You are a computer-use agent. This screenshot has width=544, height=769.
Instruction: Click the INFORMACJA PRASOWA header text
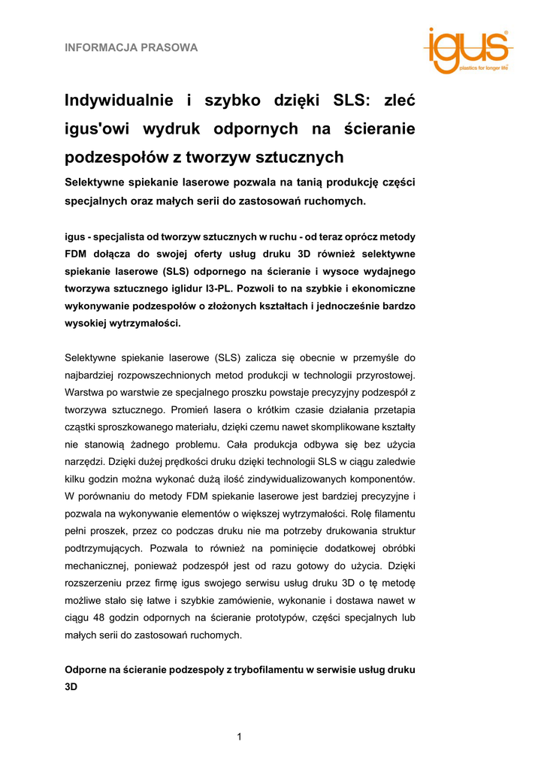pos(131,48)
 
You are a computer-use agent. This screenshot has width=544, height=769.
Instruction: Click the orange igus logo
pos(467,50)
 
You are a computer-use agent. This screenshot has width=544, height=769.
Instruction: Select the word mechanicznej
pos(99,565)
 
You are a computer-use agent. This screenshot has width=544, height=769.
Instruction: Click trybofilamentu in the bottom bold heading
pos(261,669)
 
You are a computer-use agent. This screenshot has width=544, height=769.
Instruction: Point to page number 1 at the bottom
pos(239,737)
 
